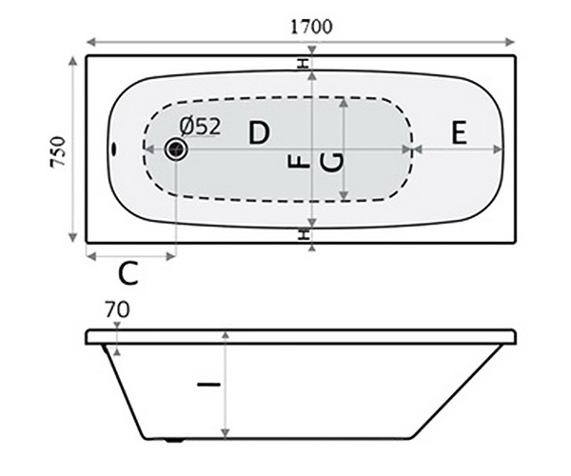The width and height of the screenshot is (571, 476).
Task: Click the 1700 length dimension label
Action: pos(312,26)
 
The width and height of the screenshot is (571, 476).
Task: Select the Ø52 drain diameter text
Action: pos(200,125)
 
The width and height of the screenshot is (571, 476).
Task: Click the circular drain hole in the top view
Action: pos(176,149)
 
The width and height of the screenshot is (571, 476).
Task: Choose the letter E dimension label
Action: pos(459,133)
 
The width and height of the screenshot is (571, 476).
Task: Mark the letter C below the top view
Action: pos(129,274)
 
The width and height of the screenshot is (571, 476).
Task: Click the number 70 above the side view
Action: pos(118,308)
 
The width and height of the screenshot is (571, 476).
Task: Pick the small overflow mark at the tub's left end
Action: pos(113,149)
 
